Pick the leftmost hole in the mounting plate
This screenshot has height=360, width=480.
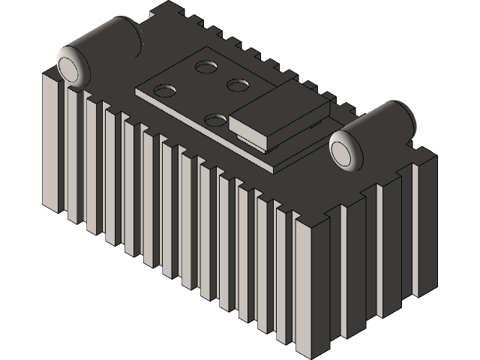point(164,91)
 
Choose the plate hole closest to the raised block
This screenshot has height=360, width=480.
point(238,84)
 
